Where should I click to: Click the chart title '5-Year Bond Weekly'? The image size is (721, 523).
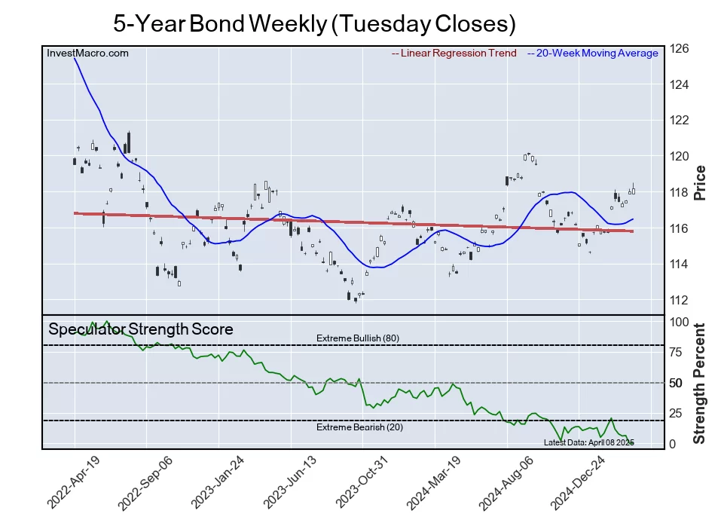pyautogui.click(x=314, y=23)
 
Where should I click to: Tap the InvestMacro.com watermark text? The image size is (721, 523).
pyautogui.click(x=87, y=54)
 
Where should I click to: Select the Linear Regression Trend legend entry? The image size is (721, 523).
pyautogui.click(x=454, y=54)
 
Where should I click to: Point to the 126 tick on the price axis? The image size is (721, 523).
pyautogui.click(x=679, y=49)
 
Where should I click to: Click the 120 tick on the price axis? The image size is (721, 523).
pyautogui.click(x=679, y=157)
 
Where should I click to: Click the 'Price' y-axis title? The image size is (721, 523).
pyautogui.click(x=700, y=182)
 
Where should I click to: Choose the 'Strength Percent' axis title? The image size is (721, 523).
pyautogui.click(x=700, y=383)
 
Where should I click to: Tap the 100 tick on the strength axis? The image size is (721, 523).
pyautogui.click(x=679, y=322)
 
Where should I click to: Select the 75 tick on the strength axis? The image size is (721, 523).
pyautogui.click(x=676, y=352)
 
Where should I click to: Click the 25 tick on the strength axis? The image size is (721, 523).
pyautogui.click(x=676, y=413)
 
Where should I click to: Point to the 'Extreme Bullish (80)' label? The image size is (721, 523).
pyautogui.click(x=358, y=338)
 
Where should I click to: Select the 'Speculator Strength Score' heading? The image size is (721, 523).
pyautogui.click(x=141, y=329)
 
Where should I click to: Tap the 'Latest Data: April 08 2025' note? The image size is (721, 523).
pyautogui.click(x=588, y=442)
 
